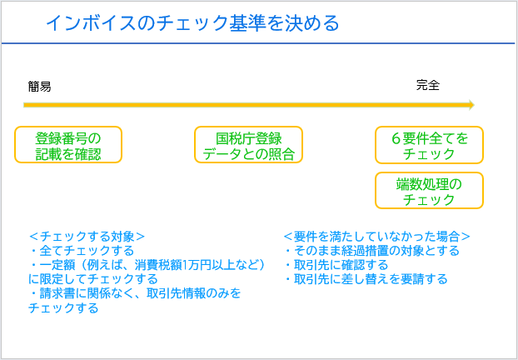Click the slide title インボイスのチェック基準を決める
click(192, 23)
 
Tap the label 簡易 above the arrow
click(39, 87)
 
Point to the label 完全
click(428, 85)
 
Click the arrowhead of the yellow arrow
click(471, 105)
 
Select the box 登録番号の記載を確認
click(68, 144)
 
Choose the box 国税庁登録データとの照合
click(248, 144)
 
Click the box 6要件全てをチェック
click(429, 145)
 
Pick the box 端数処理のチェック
click(429, 190)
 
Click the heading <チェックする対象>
click(87, 237)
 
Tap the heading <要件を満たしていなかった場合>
click(377, 237)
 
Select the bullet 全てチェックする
click(82, 251)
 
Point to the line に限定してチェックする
click(93, 279)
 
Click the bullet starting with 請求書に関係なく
click(135, 293)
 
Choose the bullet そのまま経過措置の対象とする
click(372, 251)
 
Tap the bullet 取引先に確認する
click(336, 265)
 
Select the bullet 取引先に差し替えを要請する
click(366, 279)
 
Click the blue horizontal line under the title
click(258, 43)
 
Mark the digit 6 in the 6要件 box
click(396, 139)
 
